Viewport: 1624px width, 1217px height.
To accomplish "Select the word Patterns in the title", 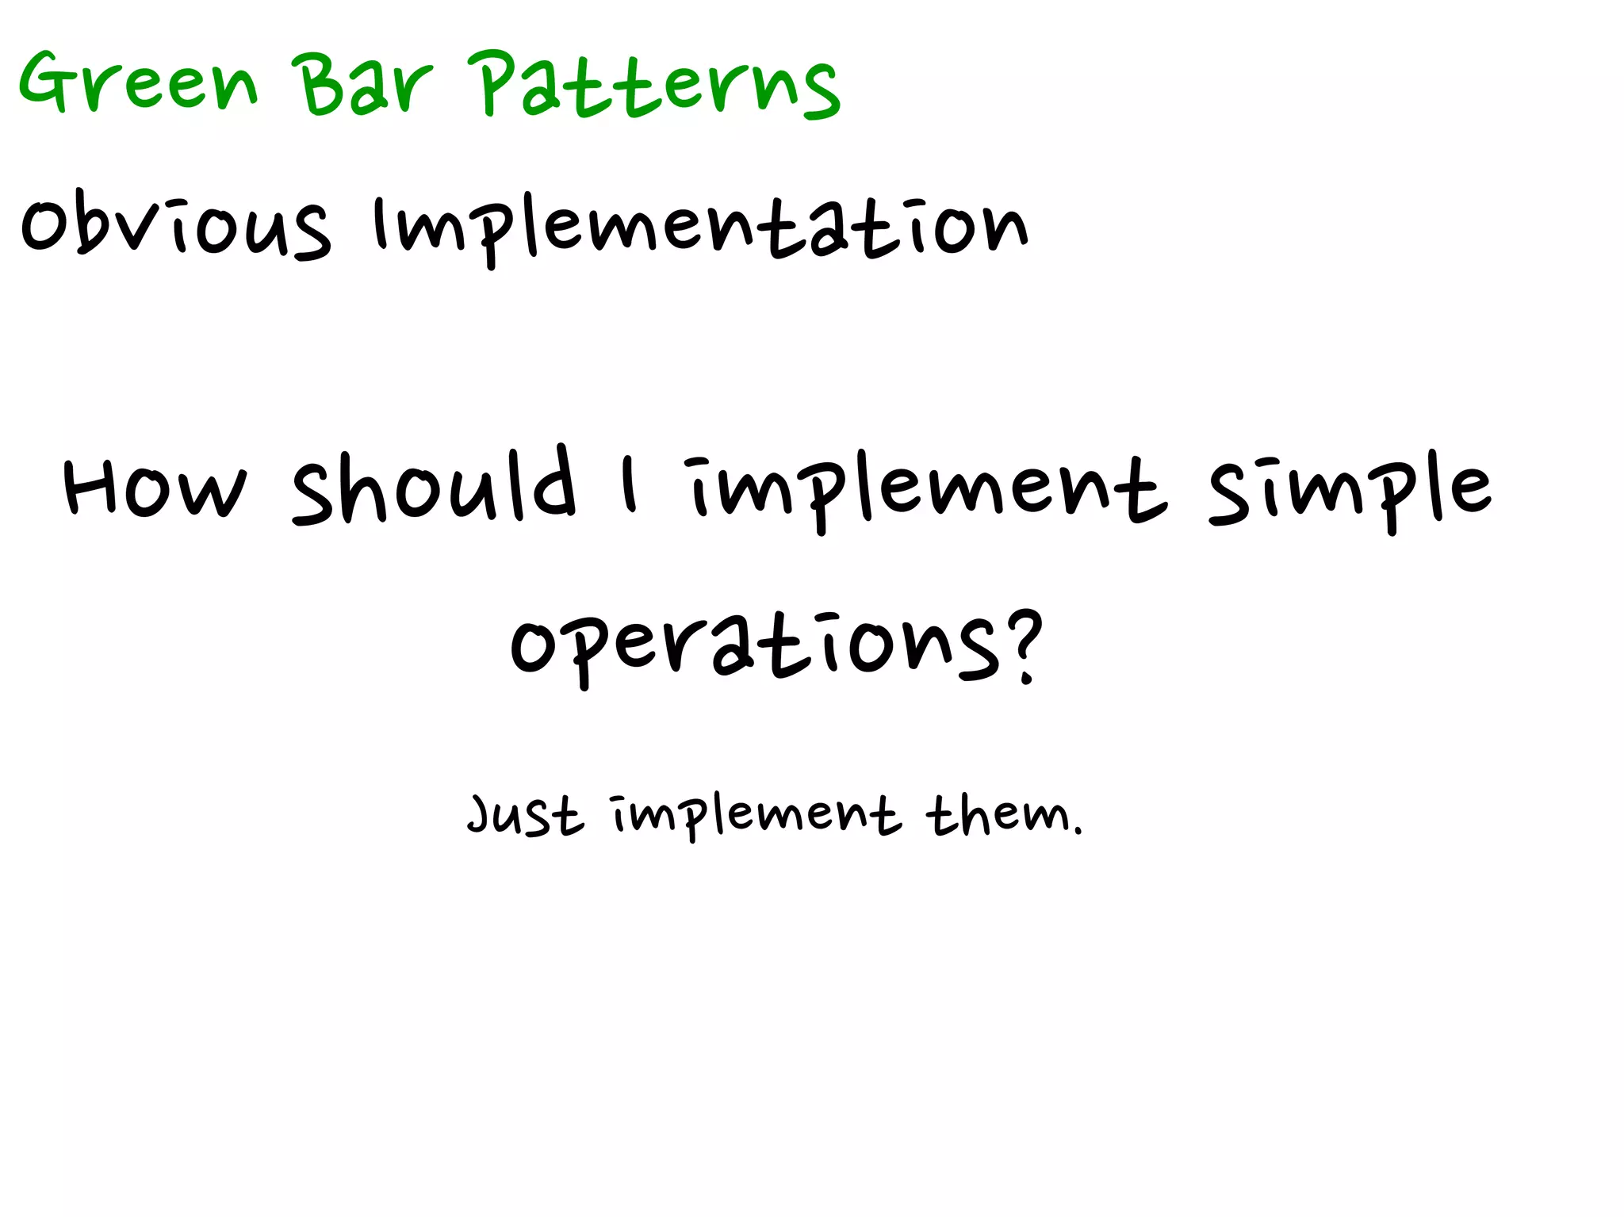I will [x=658, y=86].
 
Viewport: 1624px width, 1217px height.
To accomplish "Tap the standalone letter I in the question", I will [x=629, y=485].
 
